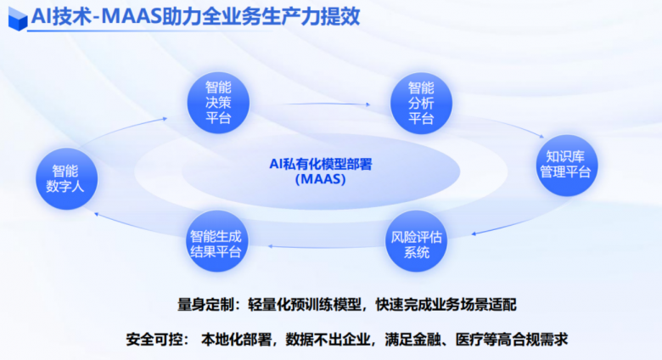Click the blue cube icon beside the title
(18, 19)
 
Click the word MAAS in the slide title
(132, 17)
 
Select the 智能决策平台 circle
(218, 103)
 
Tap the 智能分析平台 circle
(421, 104)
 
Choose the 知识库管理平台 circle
(567, 166)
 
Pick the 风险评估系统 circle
(416, 241)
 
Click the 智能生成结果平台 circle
(216, 241)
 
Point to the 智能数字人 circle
(66, 179)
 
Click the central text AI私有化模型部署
(321, 164)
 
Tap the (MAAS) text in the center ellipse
(321, 179)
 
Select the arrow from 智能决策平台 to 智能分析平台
(325, 104)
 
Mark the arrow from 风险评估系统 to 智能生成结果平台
(328, 247)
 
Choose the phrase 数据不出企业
(328, 340)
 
